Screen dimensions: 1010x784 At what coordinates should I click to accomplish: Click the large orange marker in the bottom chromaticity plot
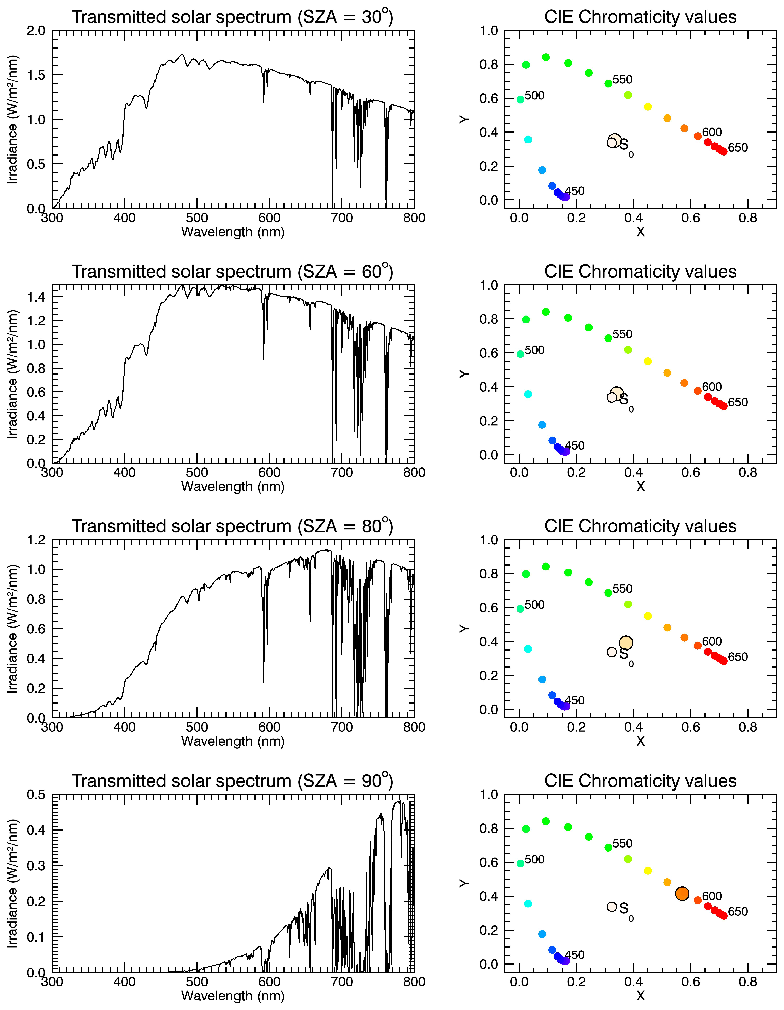click(x=682, y=894)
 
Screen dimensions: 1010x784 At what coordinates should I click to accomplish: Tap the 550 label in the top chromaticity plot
click(x=622, y=80)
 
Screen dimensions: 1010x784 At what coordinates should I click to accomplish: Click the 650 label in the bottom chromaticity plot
click(x=738, y=911)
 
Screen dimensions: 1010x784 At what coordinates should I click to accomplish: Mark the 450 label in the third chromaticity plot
click(x=574, y=700)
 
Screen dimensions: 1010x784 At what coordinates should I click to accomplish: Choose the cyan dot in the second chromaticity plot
click(x=528, y=394)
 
